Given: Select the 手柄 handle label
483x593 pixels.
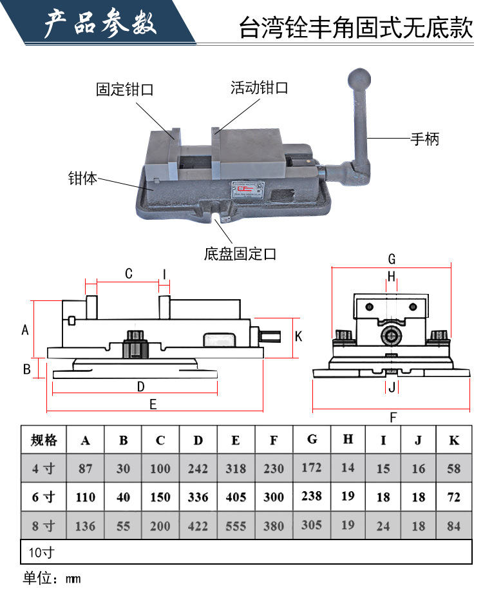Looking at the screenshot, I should click(x=425, y=138).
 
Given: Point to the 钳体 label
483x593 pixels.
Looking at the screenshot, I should click(x=82, y=179).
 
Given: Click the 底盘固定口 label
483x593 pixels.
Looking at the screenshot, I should click(x=240, y=253).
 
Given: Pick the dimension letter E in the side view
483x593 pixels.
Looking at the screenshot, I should click(x=153, y=404).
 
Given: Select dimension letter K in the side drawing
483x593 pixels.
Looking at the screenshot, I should click(x=298, y=336).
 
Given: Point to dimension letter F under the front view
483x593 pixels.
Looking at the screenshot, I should click(x=393, y=418).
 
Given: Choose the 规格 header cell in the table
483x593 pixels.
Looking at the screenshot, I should click(x=44, y=440).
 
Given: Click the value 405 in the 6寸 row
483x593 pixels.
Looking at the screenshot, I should click(x=236, y=497).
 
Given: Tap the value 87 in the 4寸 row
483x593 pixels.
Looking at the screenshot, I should click(x=86, y=469).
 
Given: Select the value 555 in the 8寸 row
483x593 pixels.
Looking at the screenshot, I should click(x=236, y=526).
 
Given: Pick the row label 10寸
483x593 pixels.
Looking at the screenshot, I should click(x=41, y=552).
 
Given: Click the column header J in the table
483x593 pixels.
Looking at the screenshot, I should click(x=418, y=440).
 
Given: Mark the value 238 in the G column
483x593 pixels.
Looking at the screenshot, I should click(x=312, y=496).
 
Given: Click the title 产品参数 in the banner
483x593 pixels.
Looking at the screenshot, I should click(x=100, y=24).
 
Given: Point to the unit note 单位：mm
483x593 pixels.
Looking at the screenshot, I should click(x=52, y=578).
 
